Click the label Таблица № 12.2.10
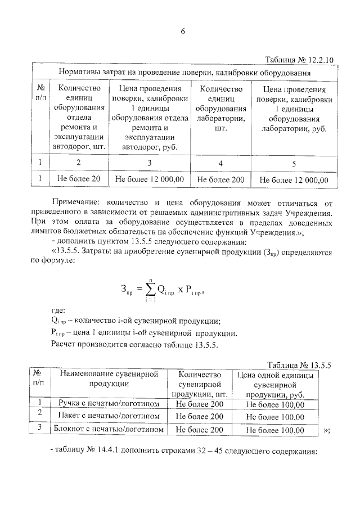click(299, 60)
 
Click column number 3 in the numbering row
click(149, 163)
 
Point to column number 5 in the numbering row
click(293, 163)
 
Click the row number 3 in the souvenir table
click(39, 427)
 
